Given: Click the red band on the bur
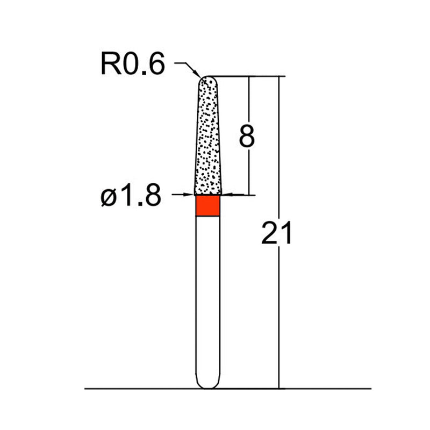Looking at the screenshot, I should tap(207, 206).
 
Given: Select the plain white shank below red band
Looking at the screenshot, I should tap(207, 296).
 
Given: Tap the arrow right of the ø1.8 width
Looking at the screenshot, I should tap(226, 195).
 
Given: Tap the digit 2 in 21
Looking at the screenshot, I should tap(269, 234).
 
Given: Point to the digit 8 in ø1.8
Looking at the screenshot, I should tap(151, 197).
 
